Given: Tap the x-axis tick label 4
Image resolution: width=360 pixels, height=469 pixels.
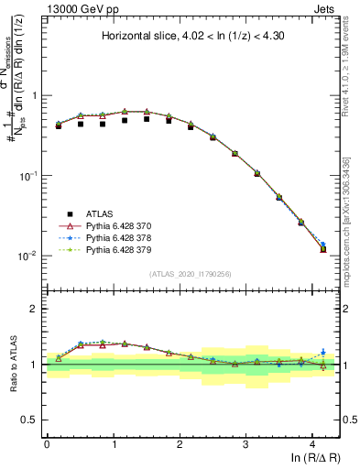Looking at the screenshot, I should [312, 442].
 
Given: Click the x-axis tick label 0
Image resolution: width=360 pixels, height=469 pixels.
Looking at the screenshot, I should [47, 442].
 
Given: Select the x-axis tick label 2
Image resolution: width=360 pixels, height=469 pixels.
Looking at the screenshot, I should [180, 442].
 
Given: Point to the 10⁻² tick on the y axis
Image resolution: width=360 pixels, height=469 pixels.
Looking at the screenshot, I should [29, 256].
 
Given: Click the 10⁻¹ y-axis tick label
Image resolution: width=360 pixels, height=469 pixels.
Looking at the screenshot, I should [29, 175].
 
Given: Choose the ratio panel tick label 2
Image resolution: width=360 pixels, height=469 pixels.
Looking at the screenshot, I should [36, 309].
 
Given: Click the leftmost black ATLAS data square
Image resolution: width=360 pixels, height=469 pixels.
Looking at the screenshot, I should [58, 125].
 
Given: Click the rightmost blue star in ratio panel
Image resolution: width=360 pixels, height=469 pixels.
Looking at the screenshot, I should [322, 352].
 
